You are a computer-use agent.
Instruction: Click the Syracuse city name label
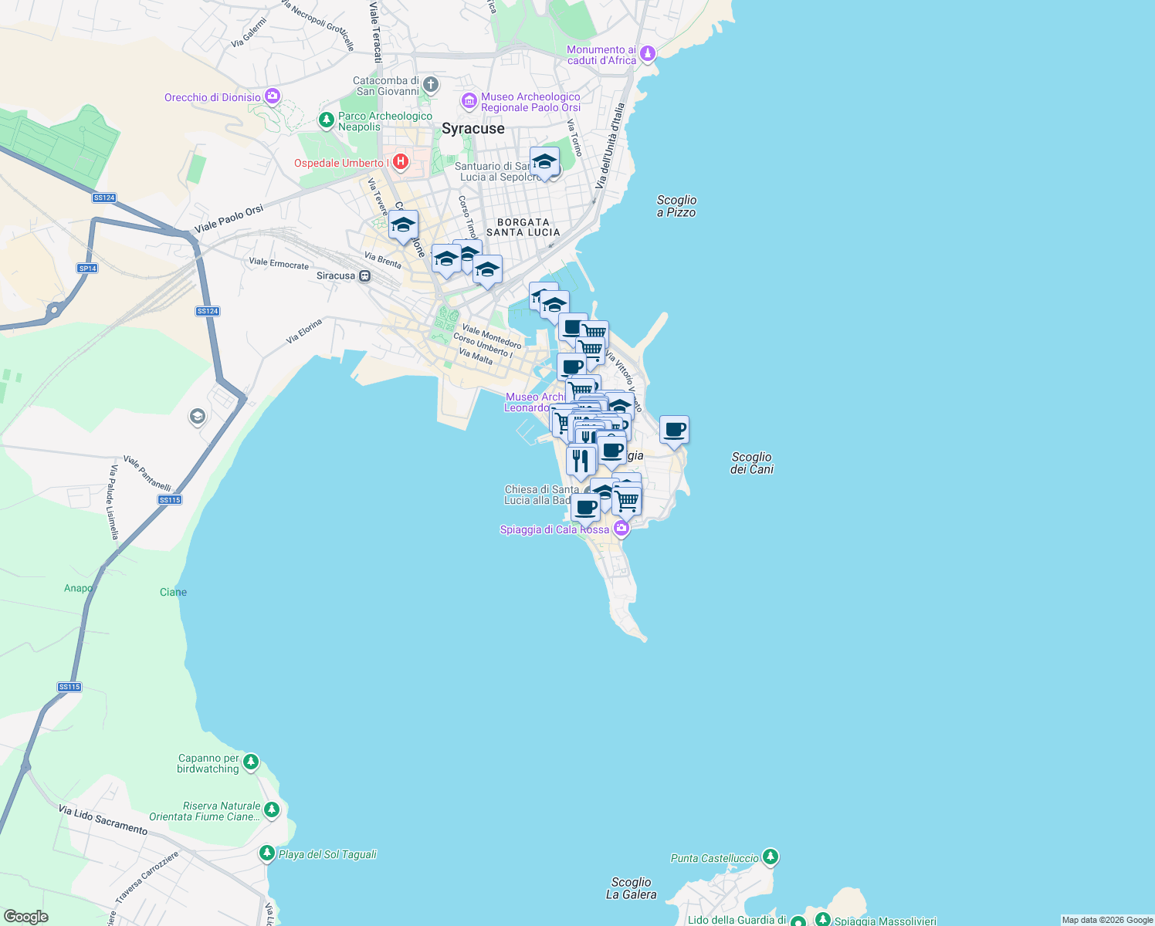472,129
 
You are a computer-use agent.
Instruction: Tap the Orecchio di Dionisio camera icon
272,96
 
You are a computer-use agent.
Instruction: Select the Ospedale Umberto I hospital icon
400,162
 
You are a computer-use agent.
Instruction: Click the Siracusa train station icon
364,275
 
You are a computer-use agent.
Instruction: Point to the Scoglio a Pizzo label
676,206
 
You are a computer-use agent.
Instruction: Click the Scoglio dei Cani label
751,463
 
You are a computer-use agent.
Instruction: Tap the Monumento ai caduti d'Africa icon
648,53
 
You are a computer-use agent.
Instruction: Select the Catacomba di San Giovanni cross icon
431,84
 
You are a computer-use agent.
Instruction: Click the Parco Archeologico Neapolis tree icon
327,120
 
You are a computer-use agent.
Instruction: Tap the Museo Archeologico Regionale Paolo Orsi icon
469,101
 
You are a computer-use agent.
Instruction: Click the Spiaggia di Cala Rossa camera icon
621,529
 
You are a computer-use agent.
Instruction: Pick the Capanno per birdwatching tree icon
250,762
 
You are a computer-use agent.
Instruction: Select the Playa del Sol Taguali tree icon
266,853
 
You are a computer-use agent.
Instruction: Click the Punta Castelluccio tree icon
770,857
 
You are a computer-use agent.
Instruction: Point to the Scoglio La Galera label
631,888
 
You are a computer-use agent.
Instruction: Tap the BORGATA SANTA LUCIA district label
523,227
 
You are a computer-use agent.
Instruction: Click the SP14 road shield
87,269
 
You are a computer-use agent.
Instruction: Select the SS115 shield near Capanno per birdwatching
69,687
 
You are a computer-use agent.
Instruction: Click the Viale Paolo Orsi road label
229,218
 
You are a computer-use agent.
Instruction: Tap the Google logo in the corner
25,917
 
